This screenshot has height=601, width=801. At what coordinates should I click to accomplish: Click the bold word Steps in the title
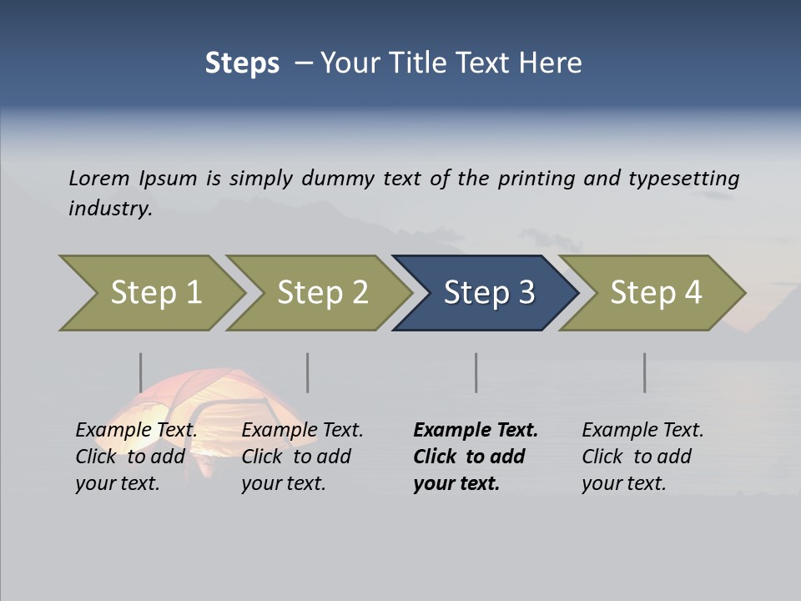point(242,63)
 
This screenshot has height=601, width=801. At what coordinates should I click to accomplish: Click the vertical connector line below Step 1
point(141,372)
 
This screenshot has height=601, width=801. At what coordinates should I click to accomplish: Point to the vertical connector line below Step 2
point(308,372)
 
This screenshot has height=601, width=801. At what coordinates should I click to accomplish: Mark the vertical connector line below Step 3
point(476,372)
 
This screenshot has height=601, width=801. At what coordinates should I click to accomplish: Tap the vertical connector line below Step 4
point(645,372)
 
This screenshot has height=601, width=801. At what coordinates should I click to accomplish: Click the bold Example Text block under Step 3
point(476,457)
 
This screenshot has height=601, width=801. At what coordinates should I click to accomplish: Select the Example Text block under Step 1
point(136,457)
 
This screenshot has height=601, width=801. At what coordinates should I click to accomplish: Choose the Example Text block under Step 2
point(302,457)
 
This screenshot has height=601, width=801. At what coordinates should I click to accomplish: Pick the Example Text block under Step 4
point(642,457)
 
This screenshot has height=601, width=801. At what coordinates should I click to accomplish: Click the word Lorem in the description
point(99,179)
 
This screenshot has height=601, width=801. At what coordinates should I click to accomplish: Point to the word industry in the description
point(110,209)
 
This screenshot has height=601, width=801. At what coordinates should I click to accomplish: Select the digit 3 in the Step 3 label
point(526,293)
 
